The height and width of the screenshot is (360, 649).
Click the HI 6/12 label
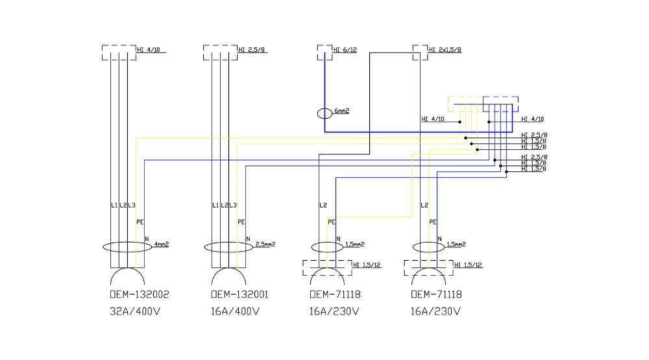click(345, 50)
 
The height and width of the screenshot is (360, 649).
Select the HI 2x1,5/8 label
click(445, 50)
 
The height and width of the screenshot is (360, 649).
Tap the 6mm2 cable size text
click(342, 112)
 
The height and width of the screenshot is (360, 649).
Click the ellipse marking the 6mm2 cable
click(325, 114)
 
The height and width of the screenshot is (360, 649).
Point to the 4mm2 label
click(161, 245)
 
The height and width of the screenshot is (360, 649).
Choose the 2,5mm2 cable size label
click(265, 245)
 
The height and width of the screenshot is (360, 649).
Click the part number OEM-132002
click(140, 294)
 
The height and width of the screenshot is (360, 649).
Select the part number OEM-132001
click(240, 294)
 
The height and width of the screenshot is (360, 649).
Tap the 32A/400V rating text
click(136, 311)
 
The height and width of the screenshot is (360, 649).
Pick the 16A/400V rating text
click(237, 311)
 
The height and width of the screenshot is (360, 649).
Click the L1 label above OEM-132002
click(114, 206)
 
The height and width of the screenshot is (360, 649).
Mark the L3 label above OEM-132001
click(234, 206)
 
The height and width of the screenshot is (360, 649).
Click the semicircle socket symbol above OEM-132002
click(127, 276)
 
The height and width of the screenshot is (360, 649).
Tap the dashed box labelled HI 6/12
click(324, 53)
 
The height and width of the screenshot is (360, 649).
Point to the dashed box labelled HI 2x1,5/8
click(420, 53)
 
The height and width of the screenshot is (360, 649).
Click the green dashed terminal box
click(465, 104)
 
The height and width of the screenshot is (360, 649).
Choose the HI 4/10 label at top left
click(149, 50)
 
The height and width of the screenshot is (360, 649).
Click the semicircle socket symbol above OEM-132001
click(228, 276)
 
